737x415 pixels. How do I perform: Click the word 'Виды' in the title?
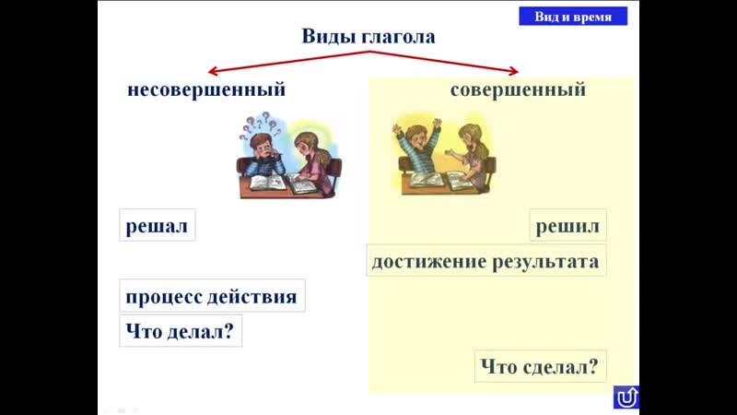tap(325, 37)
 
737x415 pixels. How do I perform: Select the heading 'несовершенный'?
tap(206, 90)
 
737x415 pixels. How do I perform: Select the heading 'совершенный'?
tap(518, 90)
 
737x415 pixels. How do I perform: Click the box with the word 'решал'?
tap(158, 226)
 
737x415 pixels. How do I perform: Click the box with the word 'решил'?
tap(567, 226)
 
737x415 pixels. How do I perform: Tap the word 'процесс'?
tap(164, 298)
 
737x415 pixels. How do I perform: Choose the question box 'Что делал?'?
tap(181, 332)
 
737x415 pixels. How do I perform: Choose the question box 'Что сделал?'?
tap(541, 366)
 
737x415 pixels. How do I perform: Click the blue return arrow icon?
tap(626, 397)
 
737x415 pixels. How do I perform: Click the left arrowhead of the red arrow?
tap(213, 71)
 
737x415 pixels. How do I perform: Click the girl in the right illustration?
tap(473, 152)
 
